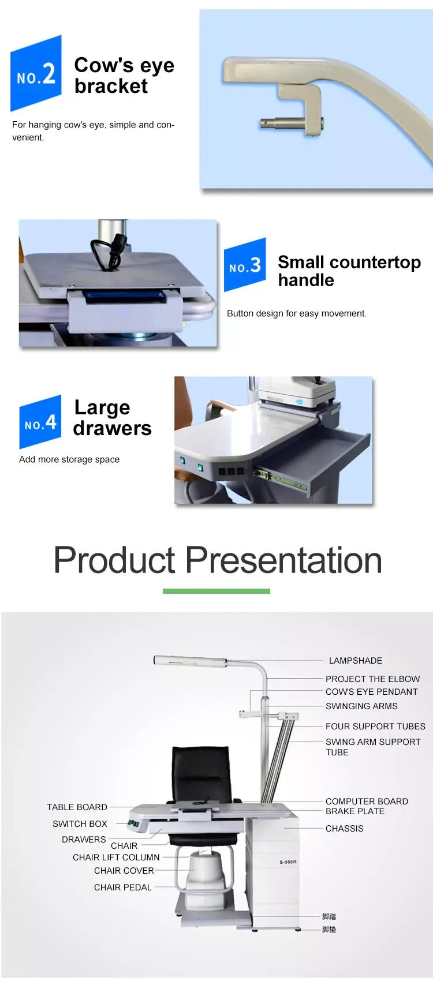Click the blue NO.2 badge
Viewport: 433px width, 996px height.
click(x=36, y=74)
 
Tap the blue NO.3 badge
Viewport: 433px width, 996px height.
click(x=245, y=265)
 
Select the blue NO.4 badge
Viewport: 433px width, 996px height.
click(x=40, y=422)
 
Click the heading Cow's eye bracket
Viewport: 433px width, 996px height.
click(x=124, y=76)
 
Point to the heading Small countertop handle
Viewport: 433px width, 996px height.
click(x=349, y=271)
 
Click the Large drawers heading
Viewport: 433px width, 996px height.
click(x=112, y=418)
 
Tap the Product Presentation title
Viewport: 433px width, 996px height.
click(x=218, y=560)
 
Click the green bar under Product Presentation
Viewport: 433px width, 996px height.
click(x=216, y=591)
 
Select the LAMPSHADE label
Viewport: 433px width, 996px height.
click(x=355, y=661)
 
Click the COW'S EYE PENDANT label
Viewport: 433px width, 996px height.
click(x=371, y=692)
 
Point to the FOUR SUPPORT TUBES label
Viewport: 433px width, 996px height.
click(x=375, y=727)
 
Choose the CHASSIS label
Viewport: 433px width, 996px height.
click(x=344, y=829)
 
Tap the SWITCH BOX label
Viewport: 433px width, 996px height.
click(x=80, y=824)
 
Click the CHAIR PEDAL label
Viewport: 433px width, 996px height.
click(x=122, y=888)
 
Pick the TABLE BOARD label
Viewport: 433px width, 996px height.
click(x=77, y=807)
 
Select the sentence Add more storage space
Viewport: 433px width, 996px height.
click(x=69, y=459)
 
